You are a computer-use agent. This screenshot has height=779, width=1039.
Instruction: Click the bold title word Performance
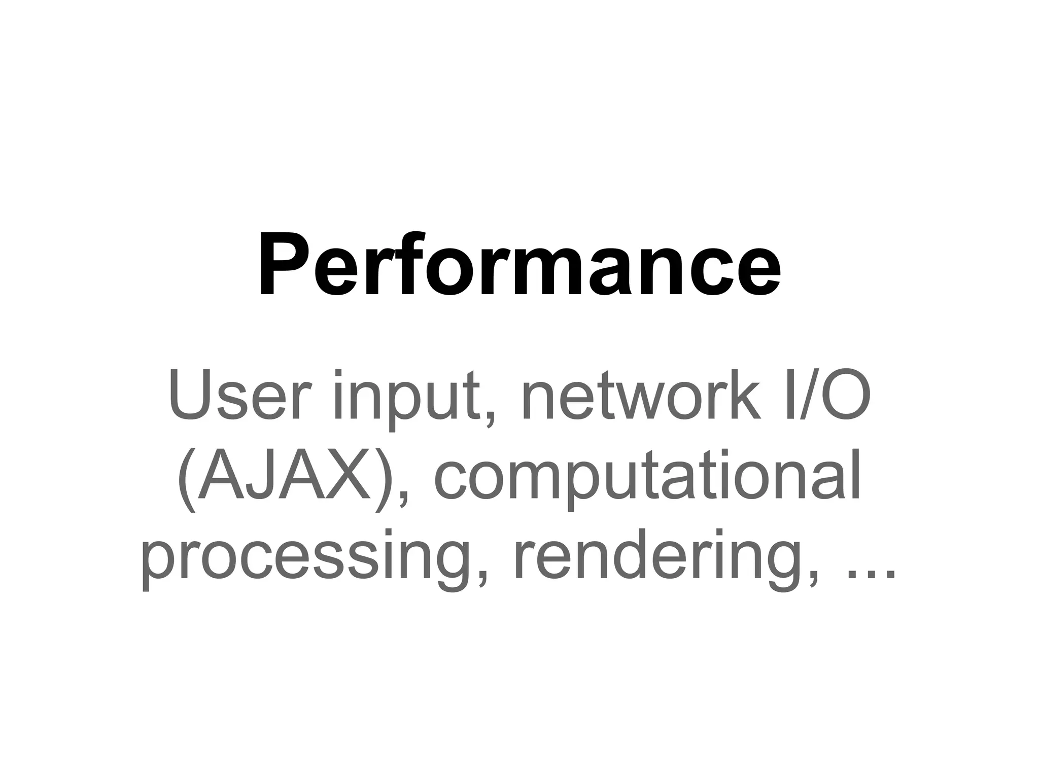519,265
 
